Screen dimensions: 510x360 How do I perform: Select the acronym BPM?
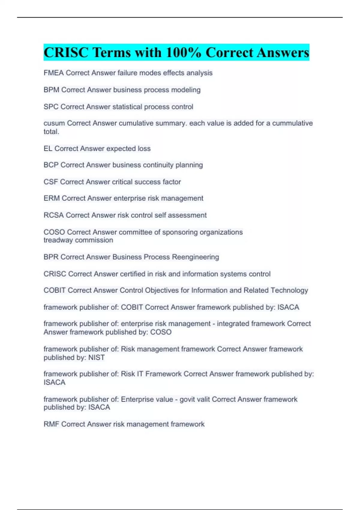[x=51, y=90]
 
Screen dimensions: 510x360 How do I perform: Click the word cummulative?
[x=292, y=123]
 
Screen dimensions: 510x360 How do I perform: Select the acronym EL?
[x=48, y=148]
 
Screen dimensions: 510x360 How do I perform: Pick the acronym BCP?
[x=51, y=165]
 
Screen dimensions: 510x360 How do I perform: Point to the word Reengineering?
[x=196, y=257]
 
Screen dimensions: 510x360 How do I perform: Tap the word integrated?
[x=233, y=324]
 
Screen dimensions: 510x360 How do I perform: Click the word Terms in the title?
[x=112, y=52]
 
